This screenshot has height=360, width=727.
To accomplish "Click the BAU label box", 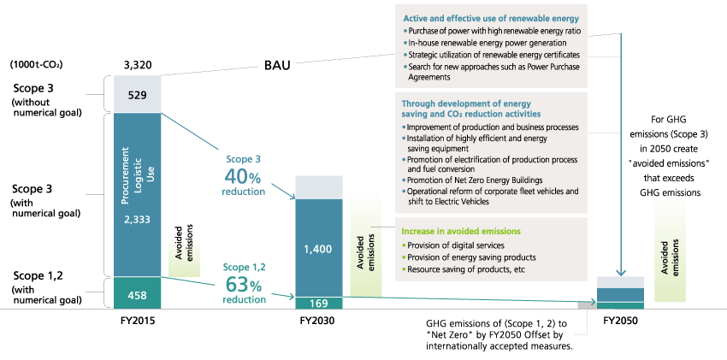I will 278,65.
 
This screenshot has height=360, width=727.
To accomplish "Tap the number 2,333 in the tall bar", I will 138,220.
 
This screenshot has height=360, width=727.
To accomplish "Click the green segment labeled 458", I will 138,294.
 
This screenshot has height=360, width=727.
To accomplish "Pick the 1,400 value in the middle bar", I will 318,249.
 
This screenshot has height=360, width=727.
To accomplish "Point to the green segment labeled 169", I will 318,303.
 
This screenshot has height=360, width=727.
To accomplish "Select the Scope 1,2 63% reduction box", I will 244,283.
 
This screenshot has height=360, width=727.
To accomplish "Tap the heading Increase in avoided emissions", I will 460,232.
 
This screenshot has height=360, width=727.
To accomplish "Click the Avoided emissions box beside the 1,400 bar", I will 366,244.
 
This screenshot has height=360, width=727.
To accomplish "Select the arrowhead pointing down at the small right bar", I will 620,271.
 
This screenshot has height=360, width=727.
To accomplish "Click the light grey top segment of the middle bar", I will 318,187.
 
